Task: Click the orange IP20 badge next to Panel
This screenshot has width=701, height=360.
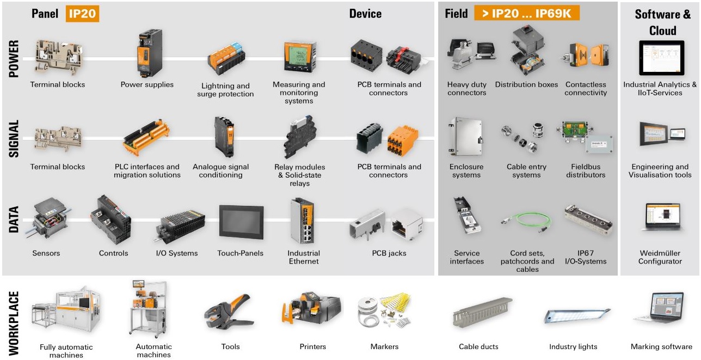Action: pyautogui.click(x=83, y=14)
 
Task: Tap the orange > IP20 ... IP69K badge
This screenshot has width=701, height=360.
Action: pyautogui.click(x=527, y=14)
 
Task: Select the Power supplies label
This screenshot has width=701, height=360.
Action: pyautogui.click(x=147, y=84)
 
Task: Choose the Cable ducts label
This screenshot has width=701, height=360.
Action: pyautogui.click(x=478, y=346)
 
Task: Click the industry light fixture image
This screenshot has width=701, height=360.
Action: pyautogui.click(x=576, y=315)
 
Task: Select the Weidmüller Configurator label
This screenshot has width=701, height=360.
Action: pyautogui.click(x=661, y=257)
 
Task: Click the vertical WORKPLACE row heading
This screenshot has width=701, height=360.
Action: pyautogui.click(x=15, y=322)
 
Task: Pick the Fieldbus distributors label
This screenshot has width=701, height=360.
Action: pyautogui.click(x=586, y=171)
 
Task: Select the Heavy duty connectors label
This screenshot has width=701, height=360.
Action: pyautogui.click(x=466, y=89)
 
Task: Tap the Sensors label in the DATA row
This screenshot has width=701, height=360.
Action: pyautogui.click(x=46, y=253)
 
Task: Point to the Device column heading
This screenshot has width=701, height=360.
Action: pyautogui.click(x=365, y=14)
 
